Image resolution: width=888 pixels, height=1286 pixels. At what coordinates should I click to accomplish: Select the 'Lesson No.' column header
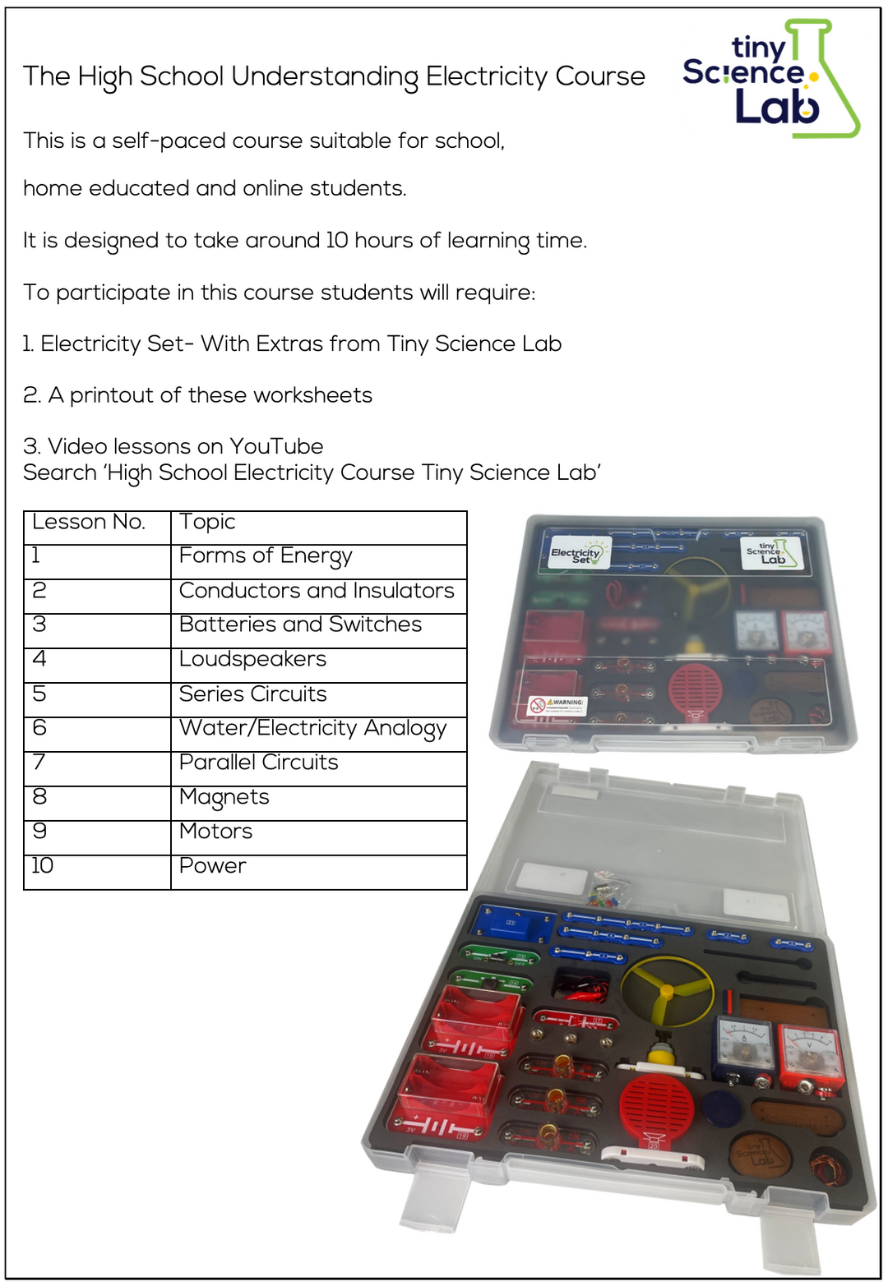tap(89, 523)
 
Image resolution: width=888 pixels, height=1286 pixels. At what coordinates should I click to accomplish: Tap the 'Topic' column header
tap(207, 523)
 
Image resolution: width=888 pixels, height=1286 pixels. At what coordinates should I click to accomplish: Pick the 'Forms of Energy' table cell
tap(265, 557)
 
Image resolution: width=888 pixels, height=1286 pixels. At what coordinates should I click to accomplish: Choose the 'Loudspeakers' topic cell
tap(252, 660)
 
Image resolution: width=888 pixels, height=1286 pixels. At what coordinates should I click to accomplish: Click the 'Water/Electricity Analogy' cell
tap(312, 729)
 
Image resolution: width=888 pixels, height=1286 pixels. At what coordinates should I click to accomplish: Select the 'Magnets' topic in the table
tap(224, 798)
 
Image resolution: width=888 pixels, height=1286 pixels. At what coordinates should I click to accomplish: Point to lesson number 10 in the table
tap(42, 866)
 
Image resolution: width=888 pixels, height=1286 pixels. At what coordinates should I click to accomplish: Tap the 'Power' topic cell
tap(212, 866)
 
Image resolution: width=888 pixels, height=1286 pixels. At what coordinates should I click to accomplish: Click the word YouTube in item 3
tap(276, 446)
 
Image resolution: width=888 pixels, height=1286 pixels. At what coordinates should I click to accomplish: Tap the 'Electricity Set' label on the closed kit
tap(577, 554)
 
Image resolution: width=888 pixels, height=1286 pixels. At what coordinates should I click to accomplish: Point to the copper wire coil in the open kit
tap(826, 1168)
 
